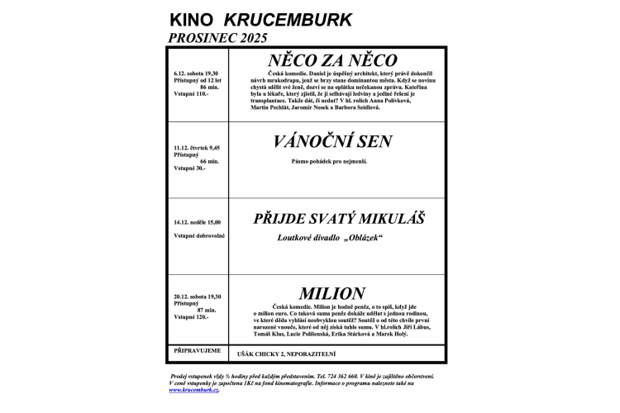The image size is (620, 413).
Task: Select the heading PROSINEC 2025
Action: point(219,37)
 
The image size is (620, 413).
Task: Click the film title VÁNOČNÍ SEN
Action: point(332,141)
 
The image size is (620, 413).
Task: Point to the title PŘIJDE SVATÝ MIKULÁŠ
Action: point(339,219)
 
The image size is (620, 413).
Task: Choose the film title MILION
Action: point(331,293)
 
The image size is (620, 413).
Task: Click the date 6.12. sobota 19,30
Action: point(197,72)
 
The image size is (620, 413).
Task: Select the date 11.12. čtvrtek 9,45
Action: point(198,147)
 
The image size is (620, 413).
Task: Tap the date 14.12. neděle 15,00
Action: point(198,222)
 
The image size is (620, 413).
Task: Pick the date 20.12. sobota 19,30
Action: point(197,296)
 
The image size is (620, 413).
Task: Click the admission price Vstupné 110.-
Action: point(191,94)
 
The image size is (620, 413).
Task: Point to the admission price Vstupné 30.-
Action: point(189,169)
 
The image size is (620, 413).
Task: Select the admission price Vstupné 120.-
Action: point(191,317)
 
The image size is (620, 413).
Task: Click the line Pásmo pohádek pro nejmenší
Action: point(328,160)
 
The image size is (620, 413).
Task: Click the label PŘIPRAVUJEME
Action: point(197,350)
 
